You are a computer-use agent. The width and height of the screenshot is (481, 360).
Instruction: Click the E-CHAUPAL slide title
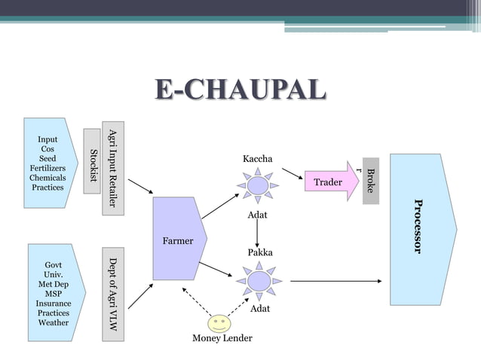(240, 89)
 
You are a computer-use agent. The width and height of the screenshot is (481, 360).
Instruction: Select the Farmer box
(178, 240)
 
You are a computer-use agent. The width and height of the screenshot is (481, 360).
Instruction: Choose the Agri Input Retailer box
(113, 166)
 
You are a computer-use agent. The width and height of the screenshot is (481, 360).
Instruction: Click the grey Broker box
(369, 181)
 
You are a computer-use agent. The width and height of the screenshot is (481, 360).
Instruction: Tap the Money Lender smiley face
(219, 324)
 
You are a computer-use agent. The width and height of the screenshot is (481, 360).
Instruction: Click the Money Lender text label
(222, 338)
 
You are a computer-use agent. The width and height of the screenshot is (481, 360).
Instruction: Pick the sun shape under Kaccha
(258, 185)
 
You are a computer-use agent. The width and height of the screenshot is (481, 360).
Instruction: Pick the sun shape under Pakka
(259, 281)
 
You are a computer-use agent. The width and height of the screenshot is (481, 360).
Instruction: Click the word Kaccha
(258, 159)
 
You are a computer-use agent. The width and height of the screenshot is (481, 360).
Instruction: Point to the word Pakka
(260, 252)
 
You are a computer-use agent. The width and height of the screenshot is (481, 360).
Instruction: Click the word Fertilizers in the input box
(47, 168)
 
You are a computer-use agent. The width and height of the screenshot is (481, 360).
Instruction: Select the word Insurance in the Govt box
(54, 303)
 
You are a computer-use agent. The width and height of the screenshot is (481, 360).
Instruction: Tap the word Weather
(54, 322)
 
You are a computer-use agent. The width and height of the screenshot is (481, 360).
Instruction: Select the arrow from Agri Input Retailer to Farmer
(139, 187)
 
